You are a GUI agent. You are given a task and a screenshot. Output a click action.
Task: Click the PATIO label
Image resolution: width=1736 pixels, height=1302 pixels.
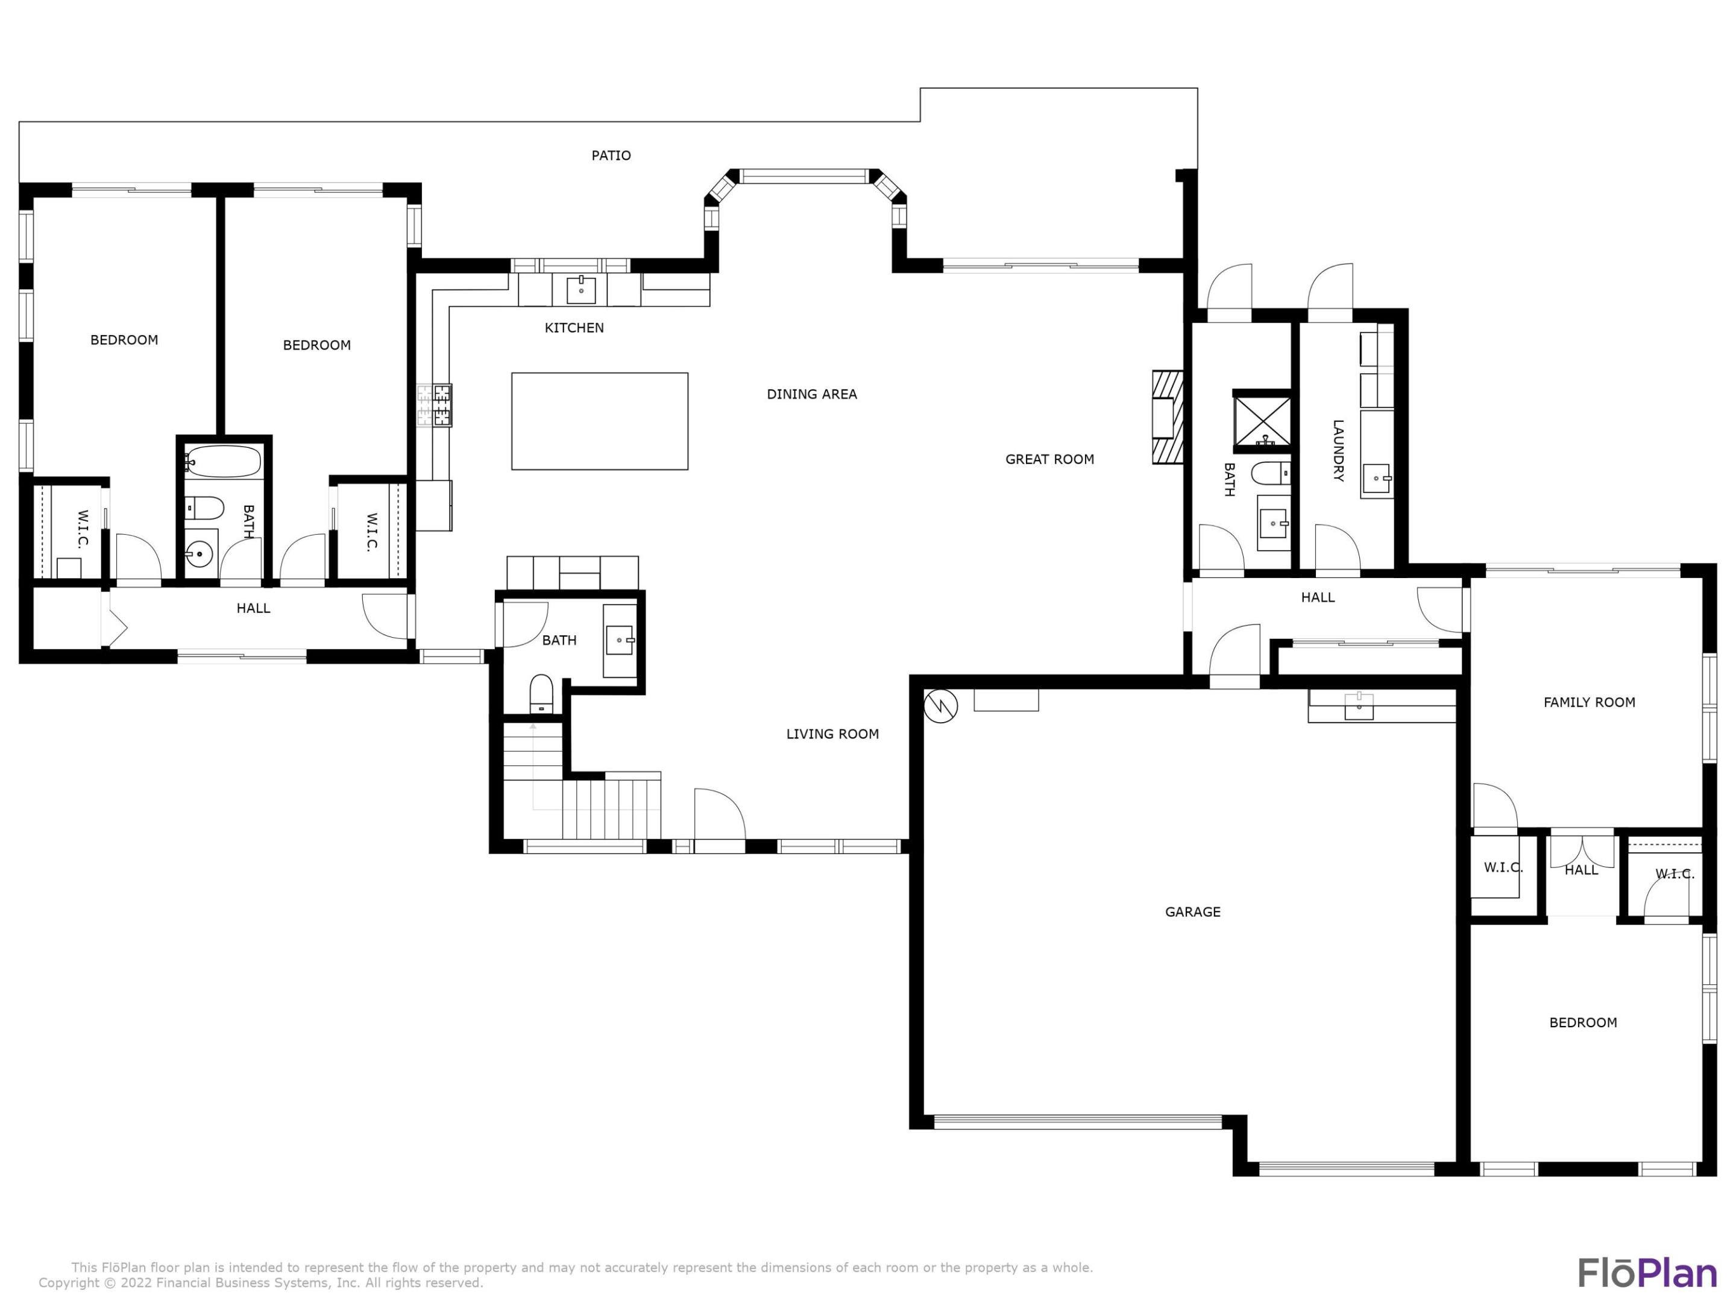click(611, 156)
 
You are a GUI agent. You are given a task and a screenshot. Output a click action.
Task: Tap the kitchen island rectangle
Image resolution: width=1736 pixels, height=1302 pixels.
click(600, 421)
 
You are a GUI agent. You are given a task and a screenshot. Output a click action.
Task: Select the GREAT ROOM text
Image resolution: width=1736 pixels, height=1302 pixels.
click(1049, 459)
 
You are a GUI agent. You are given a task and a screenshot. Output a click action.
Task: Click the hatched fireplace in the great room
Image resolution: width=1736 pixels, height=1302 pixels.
click(1167, 417)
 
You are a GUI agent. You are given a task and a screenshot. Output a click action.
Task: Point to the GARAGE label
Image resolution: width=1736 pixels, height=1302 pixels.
click(1192, 912)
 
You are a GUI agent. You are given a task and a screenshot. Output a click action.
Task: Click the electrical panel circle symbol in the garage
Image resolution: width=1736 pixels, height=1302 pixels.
click(940, 706)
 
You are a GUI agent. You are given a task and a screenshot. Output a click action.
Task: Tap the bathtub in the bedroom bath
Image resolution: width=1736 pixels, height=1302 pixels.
click(224, 462)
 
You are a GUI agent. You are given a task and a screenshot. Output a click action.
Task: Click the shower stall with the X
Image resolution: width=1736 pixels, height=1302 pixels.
click(1262, 422)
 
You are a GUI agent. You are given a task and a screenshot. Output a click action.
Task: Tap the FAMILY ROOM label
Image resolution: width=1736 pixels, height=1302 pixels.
click(1590, 702)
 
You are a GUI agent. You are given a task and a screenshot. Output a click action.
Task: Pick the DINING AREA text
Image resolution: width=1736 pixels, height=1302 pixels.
click(811, 394)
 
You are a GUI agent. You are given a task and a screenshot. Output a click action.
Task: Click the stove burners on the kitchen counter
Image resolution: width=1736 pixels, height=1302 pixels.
click(434, 405)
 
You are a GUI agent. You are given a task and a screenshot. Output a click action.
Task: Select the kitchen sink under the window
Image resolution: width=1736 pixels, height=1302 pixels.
click(580, 289)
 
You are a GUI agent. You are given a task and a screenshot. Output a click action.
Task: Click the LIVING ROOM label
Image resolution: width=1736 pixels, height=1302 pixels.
click(832, 734)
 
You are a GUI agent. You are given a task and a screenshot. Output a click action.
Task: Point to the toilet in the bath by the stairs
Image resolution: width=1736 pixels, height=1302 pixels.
click(541, 694)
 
